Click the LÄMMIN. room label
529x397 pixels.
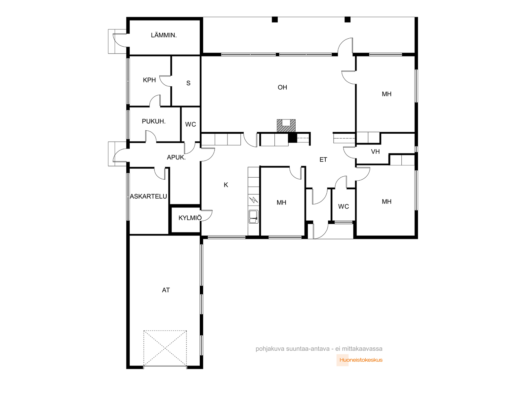(x=164, y=35)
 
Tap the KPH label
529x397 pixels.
(x=149, y=80)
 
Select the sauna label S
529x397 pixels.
(x=188, y=83)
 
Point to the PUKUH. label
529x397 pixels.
(x=153, y=121)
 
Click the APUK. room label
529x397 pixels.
(x=176, y=157)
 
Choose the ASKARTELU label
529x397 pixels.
(x=148, y=197)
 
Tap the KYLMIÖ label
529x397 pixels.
(x=190, y=218)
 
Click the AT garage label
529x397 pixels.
(x=166, y=290)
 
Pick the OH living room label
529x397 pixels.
(x=282, y=87)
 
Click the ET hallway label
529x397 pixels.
(x=323, y=159)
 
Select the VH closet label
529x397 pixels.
(x=375, y=152)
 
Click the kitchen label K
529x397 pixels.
(x=226, y=185)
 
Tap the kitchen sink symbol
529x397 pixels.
(x=253, y=216)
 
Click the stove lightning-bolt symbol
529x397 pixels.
(x=253, y=199)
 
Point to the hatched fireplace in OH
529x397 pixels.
(x=286, y=126)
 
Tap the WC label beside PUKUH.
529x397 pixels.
(x=190, y=124)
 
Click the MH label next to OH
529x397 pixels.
(x=387, y=94)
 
